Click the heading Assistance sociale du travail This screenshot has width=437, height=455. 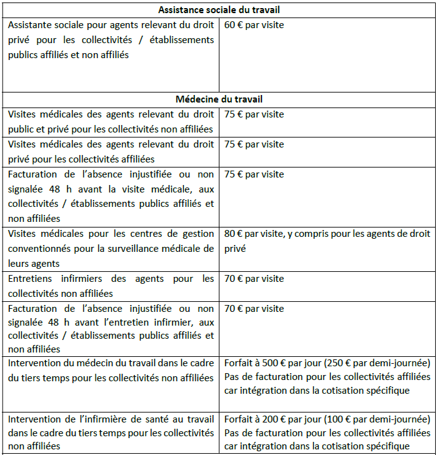click(218, 10)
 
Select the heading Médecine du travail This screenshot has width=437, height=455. click(218, 99)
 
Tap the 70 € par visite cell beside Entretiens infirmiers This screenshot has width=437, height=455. click(254, 278)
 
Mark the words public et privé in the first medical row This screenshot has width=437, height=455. click(38, 129)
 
